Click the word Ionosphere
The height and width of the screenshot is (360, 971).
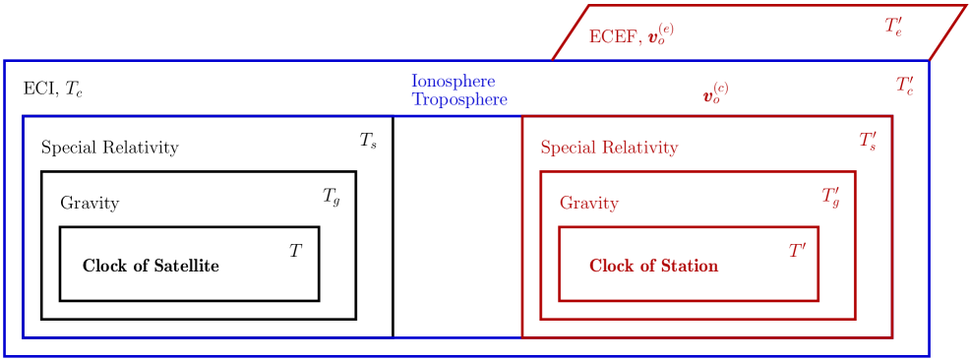click(453, 81)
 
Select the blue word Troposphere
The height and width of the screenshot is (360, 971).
click(458, 100)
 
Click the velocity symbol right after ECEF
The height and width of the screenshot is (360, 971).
click(660, 36)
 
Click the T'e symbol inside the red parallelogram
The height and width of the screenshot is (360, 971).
click(893, 27)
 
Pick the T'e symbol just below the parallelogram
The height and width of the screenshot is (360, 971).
click(904, 86)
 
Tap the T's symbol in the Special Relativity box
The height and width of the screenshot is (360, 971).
click(868, 142)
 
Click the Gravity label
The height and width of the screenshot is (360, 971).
click(589, 204)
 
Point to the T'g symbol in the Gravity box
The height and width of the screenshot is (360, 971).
click(830, 197)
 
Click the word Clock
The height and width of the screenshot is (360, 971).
click(611, 266)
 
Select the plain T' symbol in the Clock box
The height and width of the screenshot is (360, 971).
click(797, 252)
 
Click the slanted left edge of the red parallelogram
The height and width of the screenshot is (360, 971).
click(571, 32)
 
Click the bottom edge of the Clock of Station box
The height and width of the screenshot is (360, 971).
click(689, 299)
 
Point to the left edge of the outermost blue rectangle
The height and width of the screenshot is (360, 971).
click(6, 207)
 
